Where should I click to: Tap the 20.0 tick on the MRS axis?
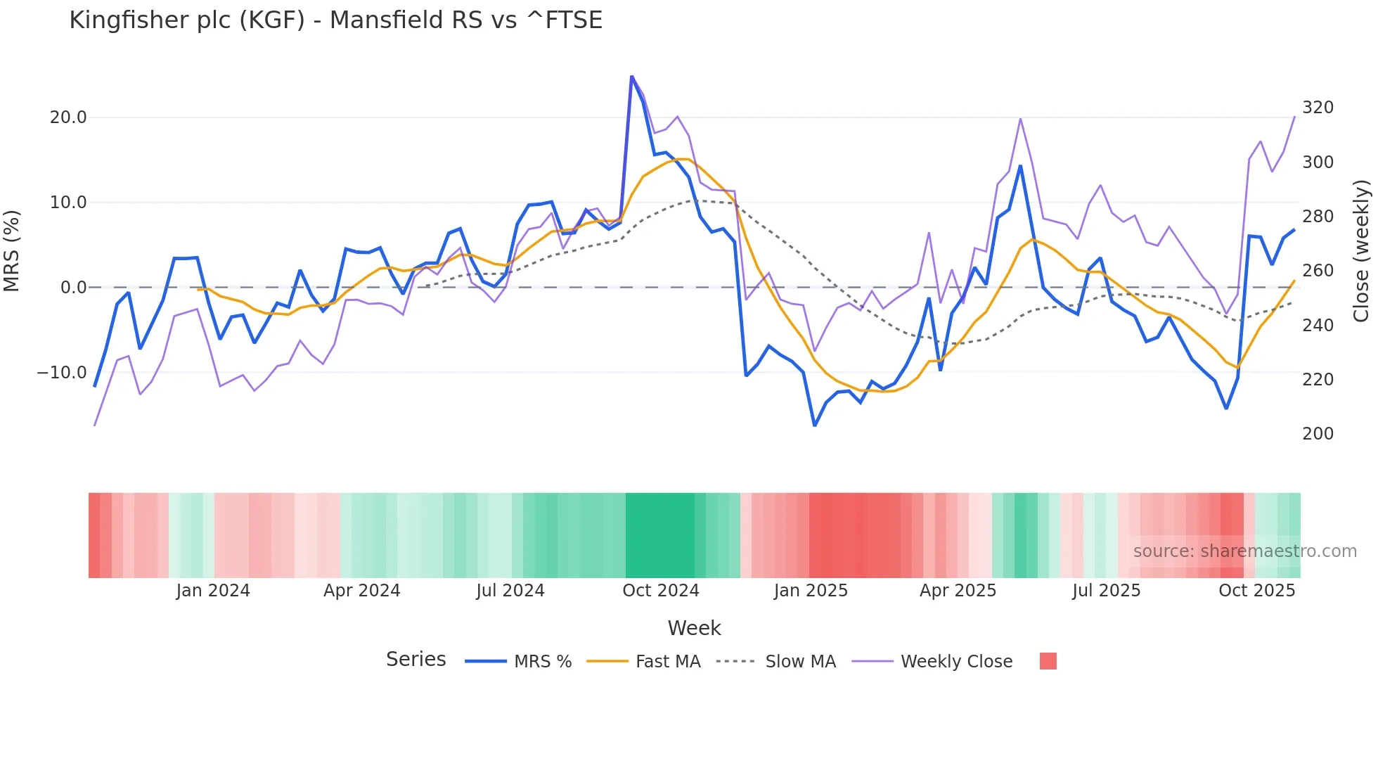click(x=68, y=117)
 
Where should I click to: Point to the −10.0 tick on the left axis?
click(x=62, y=373)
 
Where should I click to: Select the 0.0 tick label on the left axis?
click(x=74, y=288)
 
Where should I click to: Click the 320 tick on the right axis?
click(x=1318, y=108)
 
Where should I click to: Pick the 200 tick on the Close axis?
click(x=1318, y=434)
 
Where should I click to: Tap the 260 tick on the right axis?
click(x=1318, y=271)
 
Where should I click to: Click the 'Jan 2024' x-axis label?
click(x=213, y=591)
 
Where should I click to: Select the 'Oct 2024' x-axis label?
click(x=661, y=591)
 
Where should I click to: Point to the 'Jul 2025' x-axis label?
click(x=1106, y=591)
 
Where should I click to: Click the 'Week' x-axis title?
click(x=694, y=628)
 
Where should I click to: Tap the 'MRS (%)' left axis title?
click(x=11, y=251)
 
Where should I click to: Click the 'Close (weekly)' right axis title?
click(x=1362, y=251)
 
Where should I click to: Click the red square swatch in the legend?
click(x=1048, y=661)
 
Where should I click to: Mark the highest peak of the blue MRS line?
click(x=632, y=77)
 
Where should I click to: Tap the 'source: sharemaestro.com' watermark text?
click(x=1244, y=551)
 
